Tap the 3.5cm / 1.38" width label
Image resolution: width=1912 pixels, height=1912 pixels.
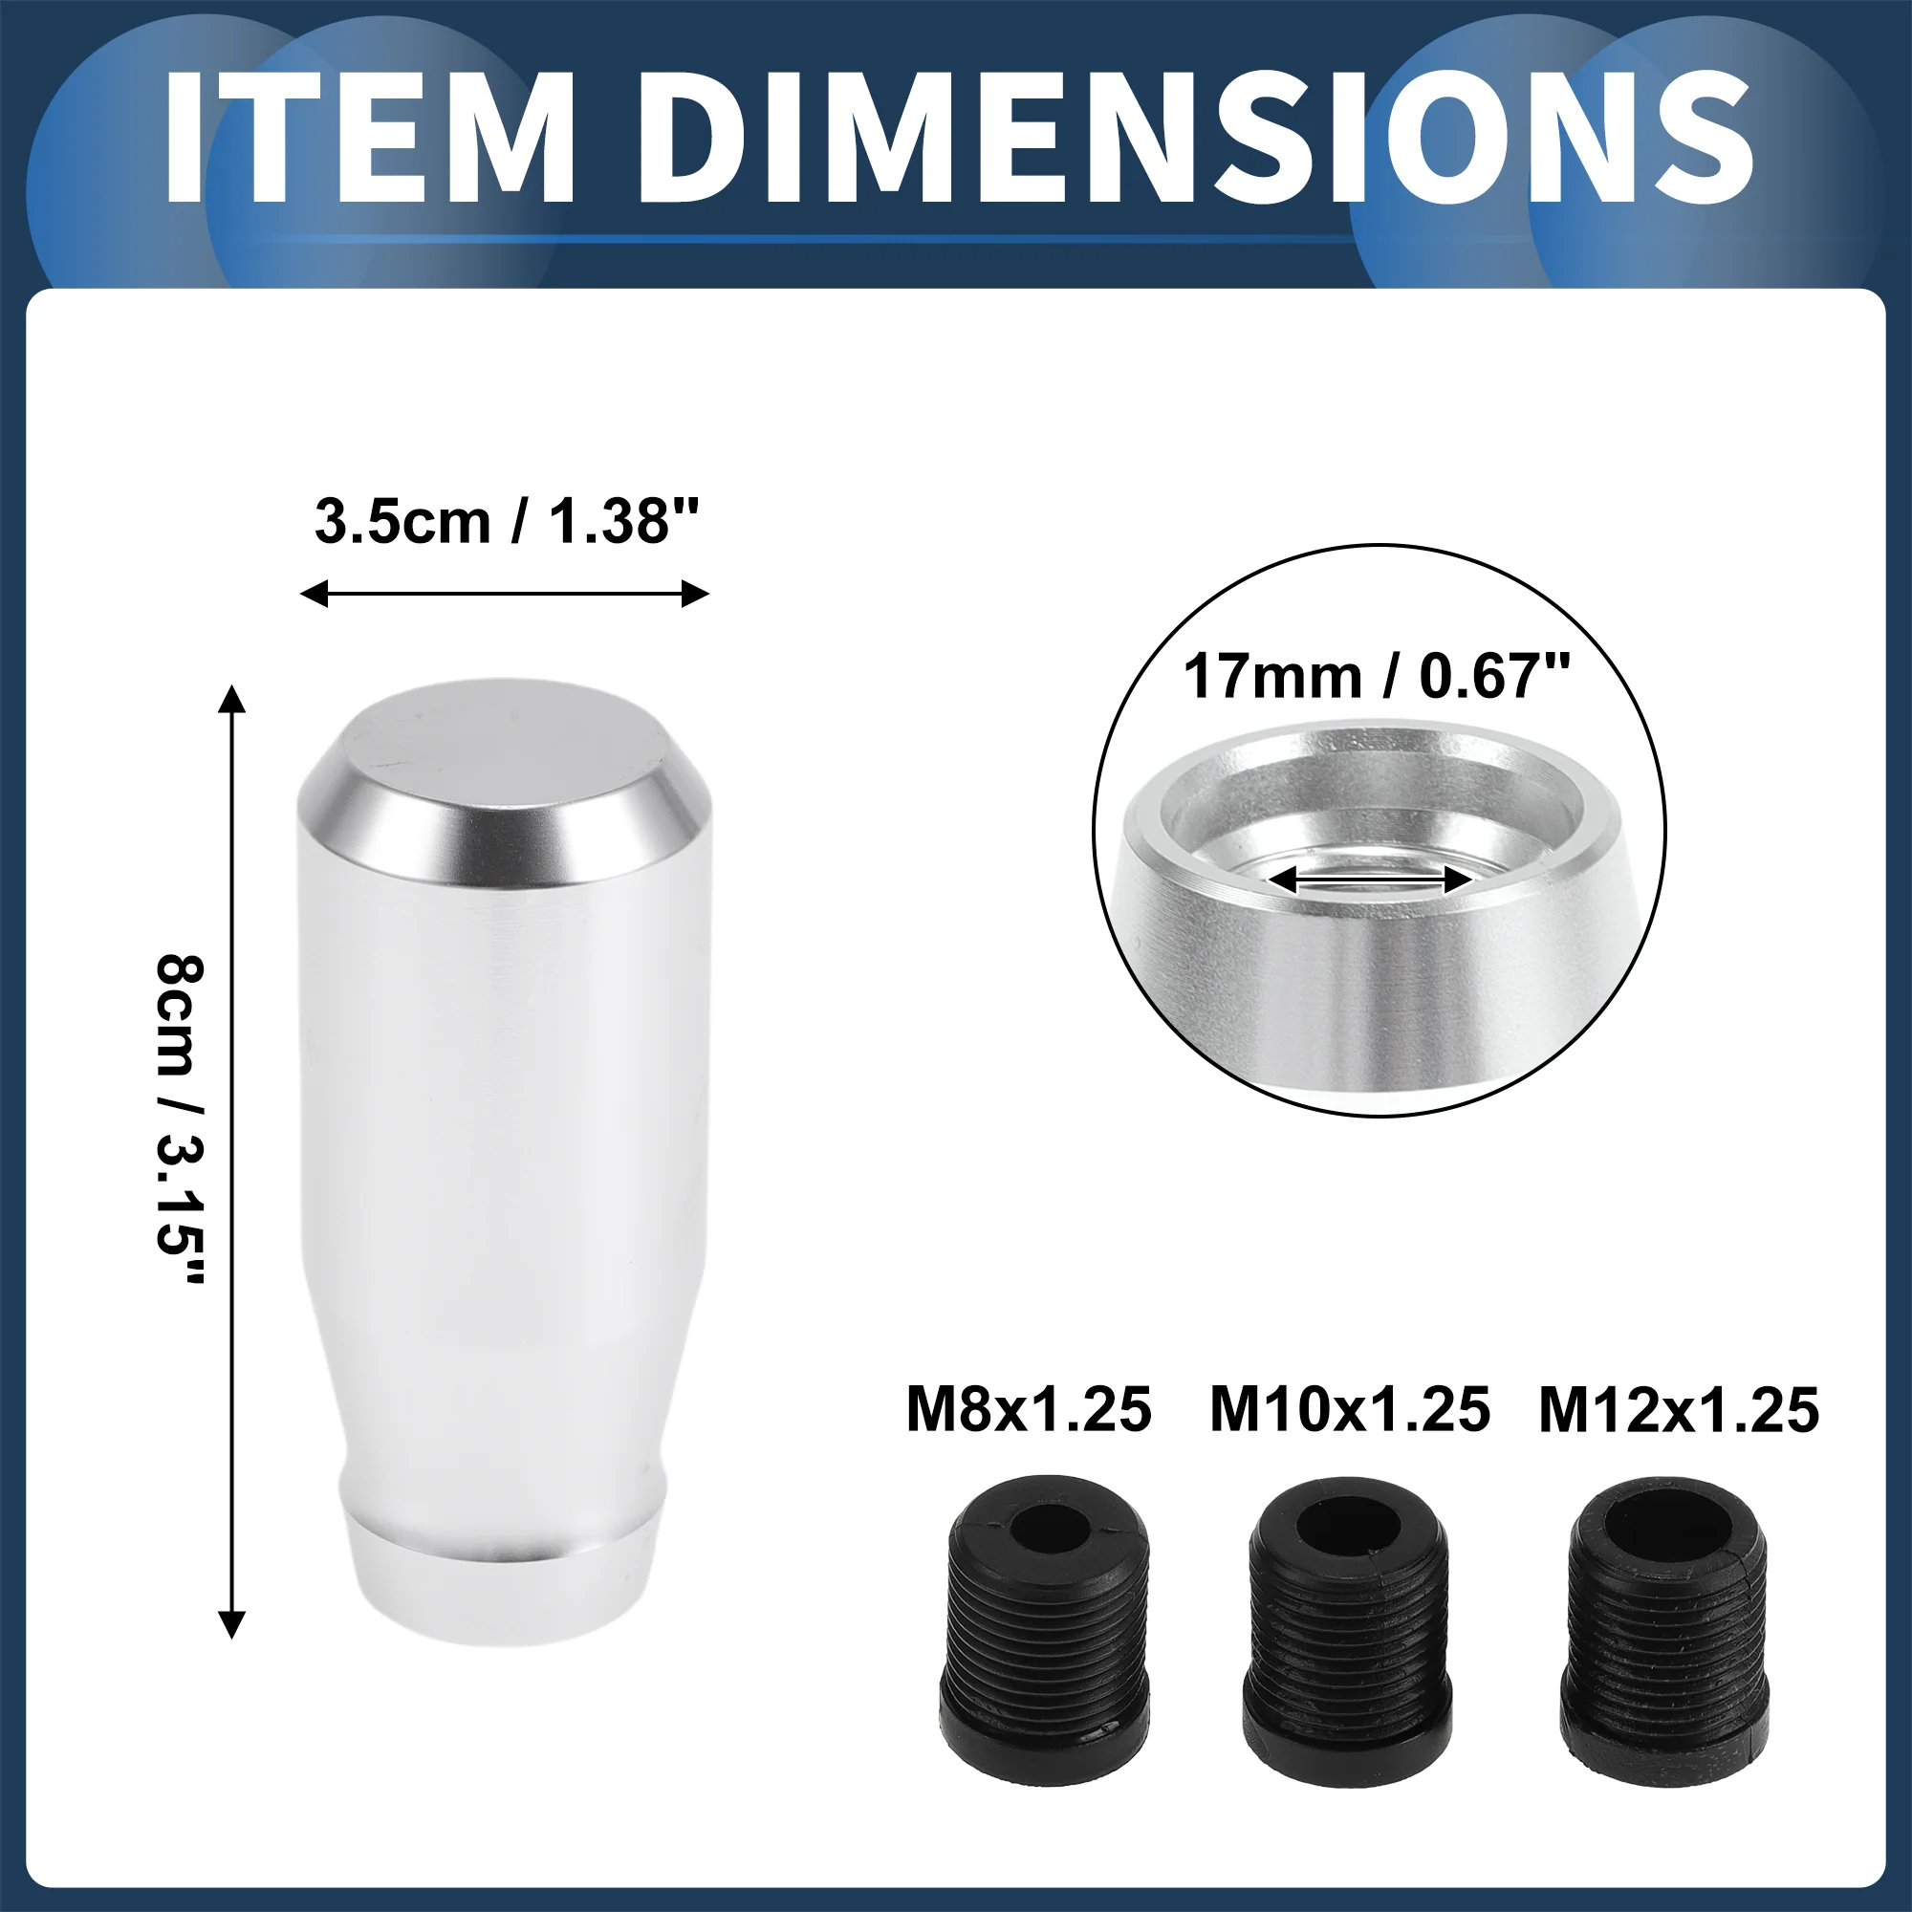click(x=507, y=522)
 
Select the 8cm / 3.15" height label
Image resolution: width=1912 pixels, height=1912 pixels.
click(x=180, y=1120)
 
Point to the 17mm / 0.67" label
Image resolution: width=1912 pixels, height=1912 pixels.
click(x=1377, y=677)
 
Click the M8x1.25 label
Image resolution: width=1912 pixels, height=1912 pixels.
click(x=1030, y=1410)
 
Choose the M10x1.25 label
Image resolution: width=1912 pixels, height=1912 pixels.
click(x=1350, y=1410)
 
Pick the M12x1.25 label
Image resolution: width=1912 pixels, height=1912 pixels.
click(x=1679, y=1410)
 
